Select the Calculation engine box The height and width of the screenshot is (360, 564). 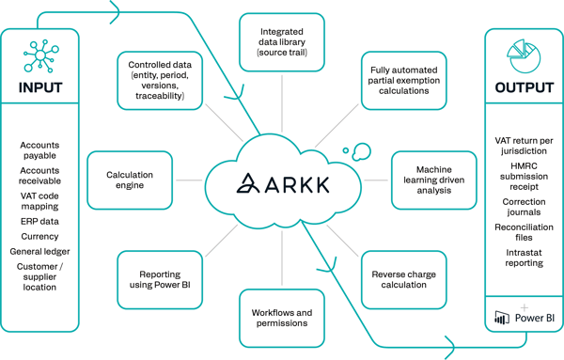pos(130,180)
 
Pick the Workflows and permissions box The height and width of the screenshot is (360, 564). pos(281,317)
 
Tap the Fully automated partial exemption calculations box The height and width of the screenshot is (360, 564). pos(401,80)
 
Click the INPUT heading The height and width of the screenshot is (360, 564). pos(40,88)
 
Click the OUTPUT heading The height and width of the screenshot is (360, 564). pos(524,88)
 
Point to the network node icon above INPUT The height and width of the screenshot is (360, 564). pos(39,55)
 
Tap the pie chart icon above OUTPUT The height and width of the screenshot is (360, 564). pos(524,51)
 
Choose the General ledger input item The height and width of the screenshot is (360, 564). pos(39,251)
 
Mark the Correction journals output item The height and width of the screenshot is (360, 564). pos(524,208)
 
